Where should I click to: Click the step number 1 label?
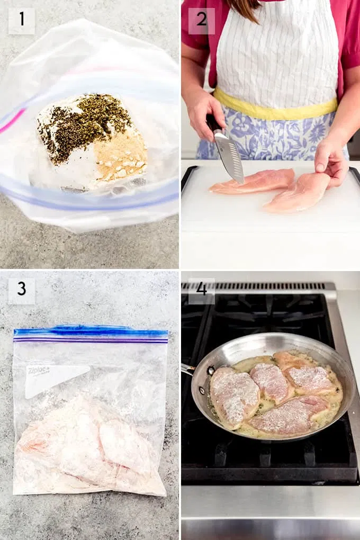[x=22, y=19]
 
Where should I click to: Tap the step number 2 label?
[x=202, y=19]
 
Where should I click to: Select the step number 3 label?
[x=22, y=289]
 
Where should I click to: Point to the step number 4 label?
[x=202, y=289]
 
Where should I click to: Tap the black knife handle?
[x=212, y=123]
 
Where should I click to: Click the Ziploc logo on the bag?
[x=38, y=371]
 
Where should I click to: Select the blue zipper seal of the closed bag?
[x=91, y=333]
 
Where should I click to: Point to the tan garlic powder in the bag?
[x=121, y=157]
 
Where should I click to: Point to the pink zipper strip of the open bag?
[x=12, y=121]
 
